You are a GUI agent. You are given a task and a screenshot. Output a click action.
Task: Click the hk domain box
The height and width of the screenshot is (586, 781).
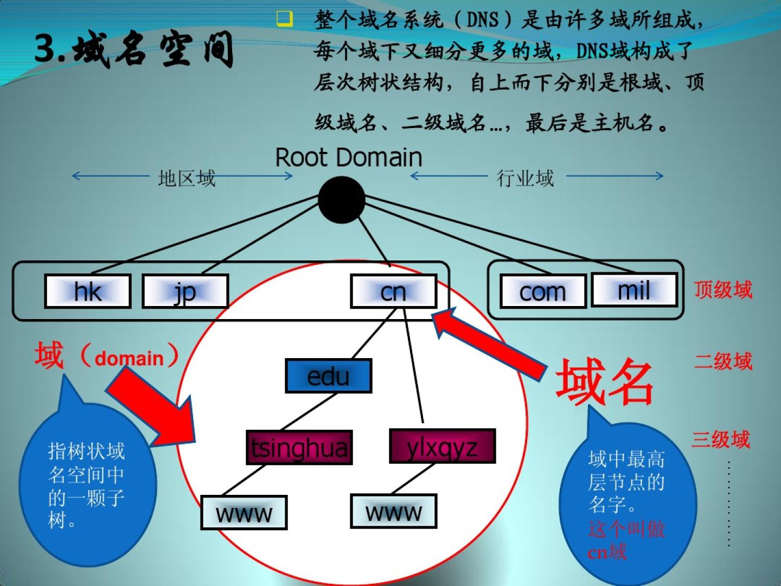[87, 291]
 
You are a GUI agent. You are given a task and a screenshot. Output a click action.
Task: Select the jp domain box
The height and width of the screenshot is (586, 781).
[185, 291]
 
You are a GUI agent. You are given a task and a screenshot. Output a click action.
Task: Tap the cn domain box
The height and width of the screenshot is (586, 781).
[394, 291]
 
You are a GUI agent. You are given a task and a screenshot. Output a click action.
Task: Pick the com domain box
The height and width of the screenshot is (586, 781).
[542, 291]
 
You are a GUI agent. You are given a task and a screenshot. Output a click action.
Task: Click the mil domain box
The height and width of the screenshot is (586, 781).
[634, 290]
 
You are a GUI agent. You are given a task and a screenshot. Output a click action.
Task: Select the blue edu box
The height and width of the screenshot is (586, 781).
[328, 375]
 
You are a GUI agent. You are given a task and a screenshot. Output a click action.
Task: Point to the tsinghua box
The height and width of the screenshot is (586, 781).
[299, 448]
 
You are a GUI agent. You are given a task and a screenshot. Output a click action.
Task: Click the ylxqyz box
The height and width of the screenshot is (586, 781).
[442, 447]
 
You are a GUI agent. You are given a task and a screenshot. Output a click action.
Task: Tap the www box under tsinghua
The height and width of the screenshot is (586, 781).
[244, 512]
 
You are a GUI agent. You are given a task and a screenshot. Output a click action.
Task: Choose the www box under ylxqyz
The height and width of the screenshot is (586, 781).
[393, 511]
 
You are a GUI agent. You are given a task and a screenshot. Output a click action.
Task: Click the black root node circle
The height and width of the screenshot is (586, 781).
[341, 200]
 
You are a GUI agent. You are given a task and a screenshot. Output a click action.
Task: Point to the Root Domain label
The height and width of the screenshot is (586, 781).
[349, 157]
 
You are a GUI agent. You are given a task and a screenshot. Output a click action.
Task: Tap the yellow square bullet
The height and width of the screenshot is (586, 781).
[284, 19]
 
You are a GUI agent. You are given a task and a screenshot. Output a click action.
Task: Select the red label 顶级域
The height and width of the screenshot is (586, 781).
[723, 290]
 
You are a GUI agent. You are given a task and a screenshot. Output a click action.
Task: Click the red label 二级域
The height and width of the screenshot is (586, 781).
[723, 361]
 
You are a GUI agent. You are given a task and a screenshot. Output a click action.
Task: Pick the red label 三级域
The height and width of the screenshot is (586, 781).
[720, 439]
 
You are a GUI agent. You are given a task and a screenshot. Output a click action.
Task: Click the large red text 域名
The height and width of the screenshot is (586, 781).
[605, 382]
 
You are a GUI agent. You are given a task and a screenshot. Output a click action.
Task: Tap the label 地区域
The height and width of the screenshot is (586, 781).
[187, 178]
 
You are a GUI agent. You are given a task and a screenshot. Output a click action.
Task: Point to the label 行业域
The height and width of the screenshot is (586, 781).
[525, 178]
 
